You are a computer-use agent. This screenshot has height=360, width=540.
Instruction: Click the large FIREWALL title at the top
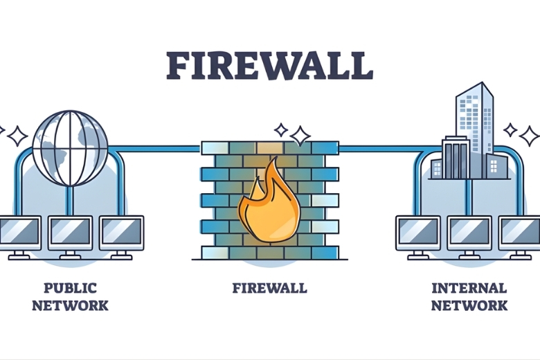click(x=270, y=65)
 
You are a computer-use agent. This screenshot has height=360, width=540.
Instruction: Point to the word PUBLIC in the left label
click(x=70, y=287)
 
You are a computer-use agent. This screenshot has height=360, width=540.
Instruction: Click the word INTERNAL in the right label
click(x=469, y=287)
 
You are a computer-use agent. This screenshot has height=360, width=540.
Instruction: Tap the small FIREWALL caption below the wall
click(x=269, y=287)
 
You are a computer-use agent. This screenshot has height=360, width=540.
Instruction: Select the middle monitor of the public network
click(x=70, y=233)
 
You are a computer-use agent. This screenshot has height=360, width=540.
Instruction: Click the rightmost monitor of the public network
click(x=121, y=233)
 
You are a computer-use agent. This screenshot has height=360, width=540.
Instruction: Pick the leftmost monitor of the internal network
click(x=417, y=233)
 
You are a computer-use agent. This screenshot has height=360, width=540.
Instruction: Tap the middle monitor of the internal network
click(x=469, y=233)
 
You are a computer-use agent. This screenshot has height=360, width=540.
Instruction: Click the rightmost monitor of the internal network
click(x=520, y=233)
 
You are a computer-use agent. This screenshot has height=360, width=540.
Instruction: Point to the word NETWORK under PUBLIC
click(x=70, y=305)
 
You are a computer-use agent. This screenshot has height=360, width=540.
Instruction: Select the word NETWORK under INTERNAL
click(x=469, y=305)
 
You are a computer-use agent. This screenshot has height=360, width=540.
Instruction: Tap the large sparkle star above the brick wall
click(x=300, y=136)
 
